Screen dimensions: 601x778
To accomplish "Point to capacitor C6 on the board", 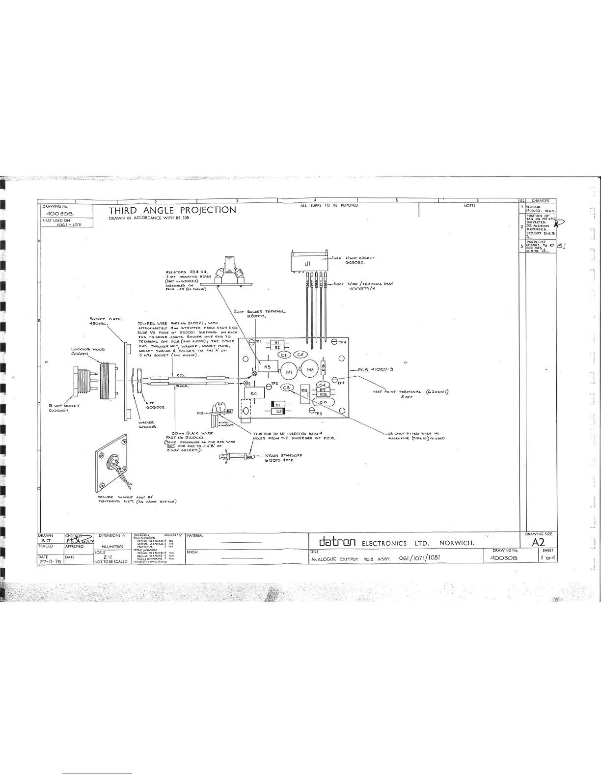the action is [x=323, y=402].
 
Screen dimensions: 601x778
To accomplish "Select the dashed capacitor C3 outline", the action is [x=286, y=388].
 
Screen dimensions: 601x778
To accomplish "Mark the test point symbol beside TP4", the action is [x=334, y=342].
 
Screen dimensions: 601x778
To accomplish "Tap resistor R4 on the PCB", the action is [x=254, y=394].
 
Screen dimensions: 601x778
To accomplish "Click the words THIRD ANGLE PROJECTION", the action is [x=172, y=210].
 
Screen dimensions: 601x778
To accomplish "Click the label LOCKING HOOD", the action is [x=87, y=351].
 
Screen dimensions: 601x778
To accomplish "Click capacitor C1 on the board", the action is [x=284, y=355].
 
